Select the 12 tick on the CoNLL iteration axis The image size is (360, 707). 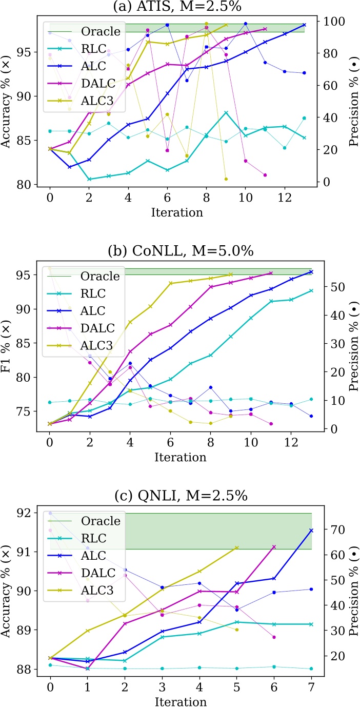coord(291,443)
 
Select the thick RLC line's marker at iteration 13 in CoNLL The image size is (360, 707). coord(311,290)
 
